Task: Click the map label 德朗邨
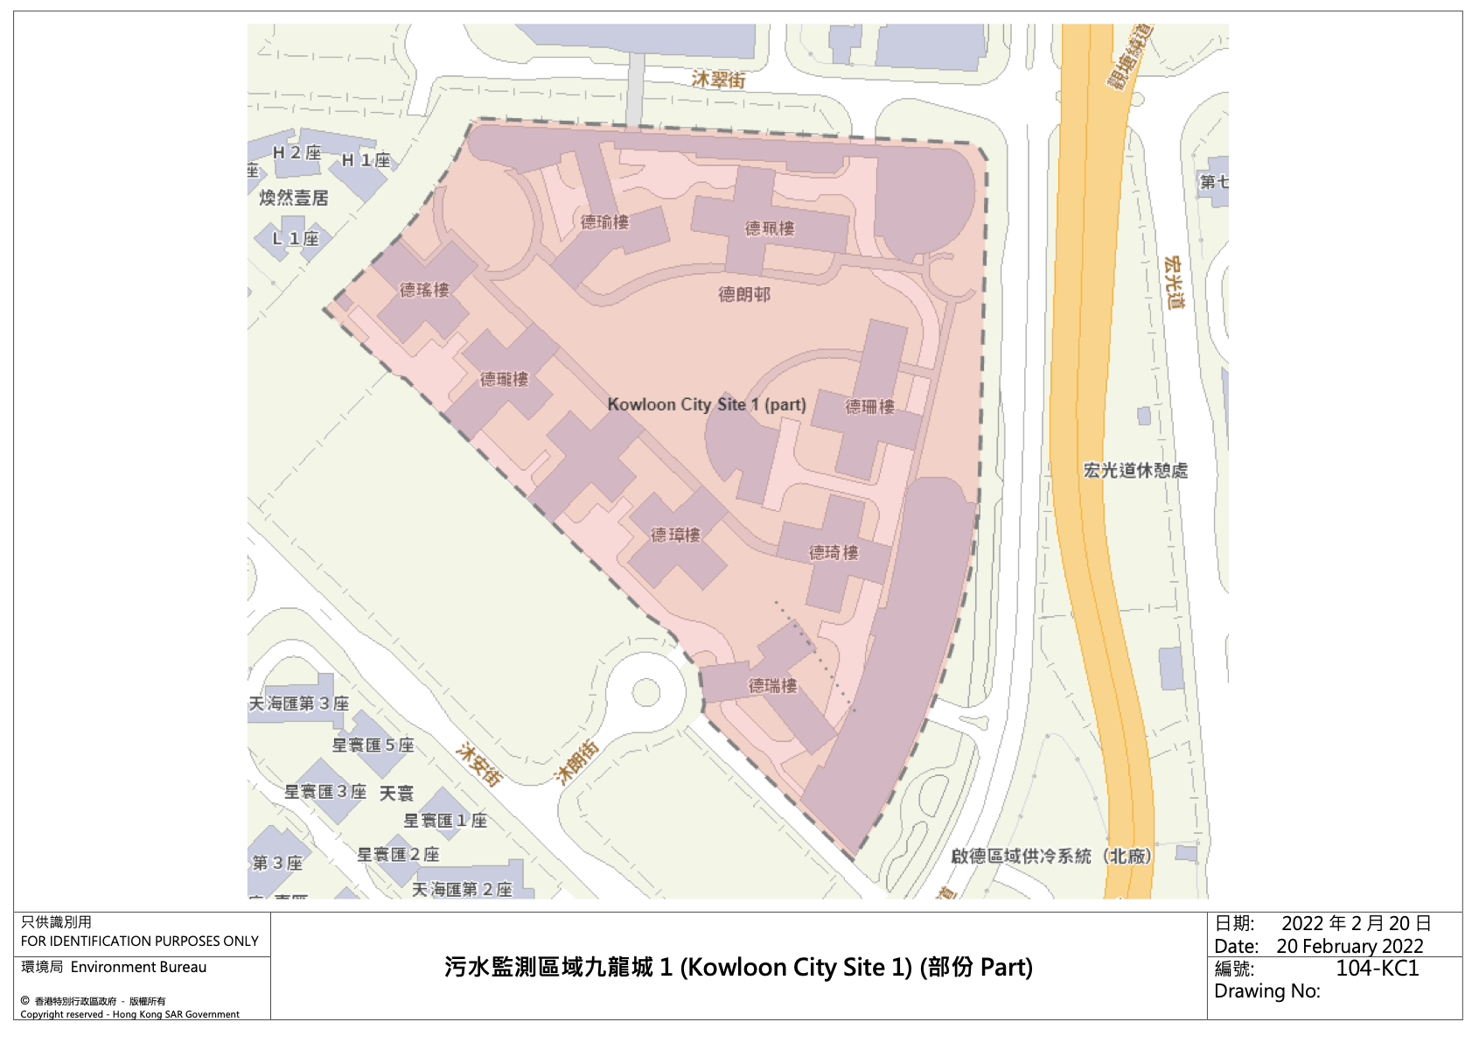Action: (744, 295)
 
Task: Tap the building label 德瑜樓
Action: (604, 222)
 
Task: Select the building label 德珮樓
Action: (770, 228)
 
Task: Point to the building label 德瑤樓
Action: (424, 290)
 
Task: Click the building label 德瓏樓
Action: (505, 379)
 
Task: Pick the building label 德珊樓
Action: (870, 407)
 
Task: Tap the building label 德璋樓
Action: (676, 535)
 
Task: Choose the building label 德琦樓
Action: (834, 552)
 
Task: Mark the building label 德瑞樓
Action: (773, 685)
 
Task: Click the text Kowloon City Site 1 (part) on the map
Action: (707, 404)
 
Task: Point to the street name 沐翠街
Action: (718, 80)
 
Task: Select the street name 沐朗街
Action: (577, 761)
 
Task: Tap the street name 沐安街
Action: (480, 765)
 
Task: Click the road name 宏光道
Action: (1175, 282)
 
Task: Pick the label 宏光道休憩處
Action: (1135, 470)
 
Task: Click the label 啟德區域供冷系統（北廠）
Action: (1051, 856)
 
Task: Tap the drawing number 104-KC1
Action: (1377, 968)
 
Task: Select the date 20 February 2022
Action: (1350, 946)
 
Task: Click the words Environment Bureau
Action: (138, 967)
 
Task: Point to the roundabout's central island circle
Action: (646, 692)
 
